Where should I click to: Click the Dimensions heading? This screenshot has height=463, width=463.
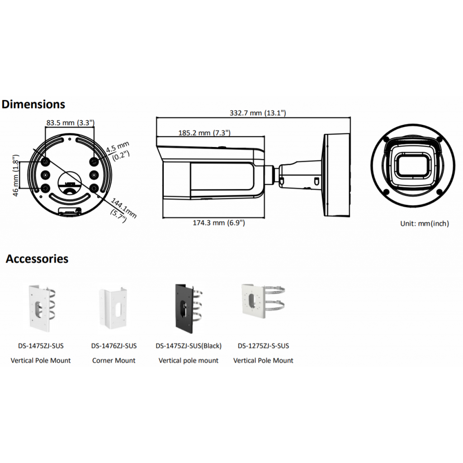coord(33,104)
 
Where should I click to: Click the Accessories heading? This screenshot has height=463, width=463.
coord(37,259)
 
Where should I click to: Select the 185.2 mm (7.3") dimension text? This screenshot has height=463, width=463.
coord(204,133)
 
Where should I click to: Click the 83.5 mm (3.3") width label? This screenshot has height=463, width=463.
coord(70,123)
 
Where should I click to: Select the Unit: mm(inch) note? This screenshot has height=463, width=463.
coord(424,223)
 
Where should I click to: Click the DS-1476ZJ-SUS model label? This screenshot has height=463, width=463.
coord(113,346)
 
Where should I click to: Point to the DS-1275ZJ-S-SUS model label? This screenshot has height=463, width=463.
coord(263,346)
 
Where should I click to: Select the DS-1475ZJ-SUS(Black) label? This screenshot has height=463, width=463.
coord(188,346)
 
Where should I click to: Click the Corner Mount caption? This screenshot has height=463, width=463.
coord(113,360)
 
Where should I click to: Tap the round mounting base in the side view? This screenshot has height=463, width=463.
coord(337,175)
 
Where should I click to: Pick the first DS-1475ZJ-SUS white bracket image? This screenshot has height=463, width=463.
coord(41,307)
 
